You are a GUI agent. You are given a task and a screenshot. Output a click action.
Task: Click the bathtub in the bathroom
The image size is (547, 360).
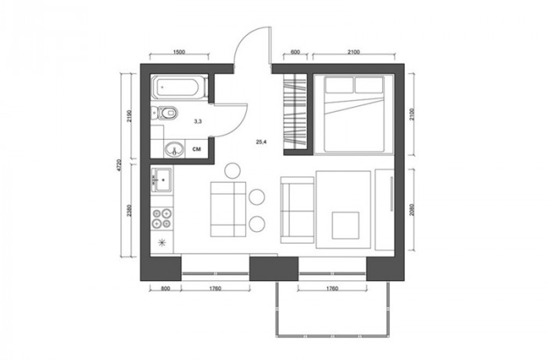[x=180, y=87]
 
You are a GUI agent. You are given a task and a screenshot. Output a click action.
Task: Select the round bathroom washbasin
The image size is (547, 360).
[x=173, y=149]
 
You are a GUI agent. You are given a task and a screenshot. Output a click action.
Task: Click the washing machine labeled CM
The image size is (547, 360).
[x=197, y=149]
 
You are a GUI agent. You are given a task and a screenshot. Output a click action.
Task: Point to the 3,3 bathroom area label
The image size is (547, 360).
[x=198, y=122]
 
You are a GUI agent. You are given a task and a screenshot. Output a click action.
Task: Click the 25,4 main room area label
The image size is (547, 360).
[x=261, y=142]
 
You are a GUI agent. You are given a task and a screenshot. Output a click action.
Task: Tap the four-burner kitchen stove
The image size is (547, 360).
[x=162, y=218]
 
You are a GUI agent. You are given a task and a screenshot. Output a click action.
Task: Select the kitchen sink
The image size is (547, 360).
[x=162, y=180]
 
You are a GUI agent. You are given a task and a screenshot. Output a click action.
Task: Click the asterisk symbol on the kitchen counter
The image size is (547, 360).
[x=163, y=242]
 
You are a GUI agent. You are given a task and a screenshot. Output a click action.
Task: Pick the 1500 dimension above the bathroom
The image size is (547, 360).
[x=179, y=52]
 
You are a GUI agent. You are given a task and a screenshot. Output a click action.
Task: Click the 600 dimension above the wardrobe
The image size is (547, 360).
[x=295, y=52]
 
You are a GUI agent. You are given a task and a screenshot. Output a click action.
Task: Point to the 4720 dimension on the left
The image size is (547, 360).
[x=120, y=166]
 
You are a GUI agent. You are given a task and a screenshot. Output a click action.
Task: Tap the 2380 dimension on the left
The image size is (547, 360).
[x=130, y=211]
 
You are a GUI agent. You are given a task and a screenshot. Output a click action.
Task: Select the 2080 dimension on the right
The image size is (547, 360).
[x=412, y=209]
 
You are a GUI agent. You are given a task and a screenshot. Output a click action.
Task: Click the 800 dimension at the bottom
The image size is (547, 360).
[x=166, y=289]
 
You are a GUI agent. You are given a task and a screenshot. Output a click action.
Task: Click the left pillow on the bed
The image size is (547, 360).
[x=338, y=85]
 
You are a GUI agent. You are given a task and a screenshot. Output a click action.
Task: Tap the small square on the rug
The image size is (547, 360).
[x=345, y=226]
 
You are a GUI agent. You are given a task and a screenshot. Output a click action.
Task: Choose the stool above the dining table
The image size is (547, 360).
[x=232, y=171]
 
